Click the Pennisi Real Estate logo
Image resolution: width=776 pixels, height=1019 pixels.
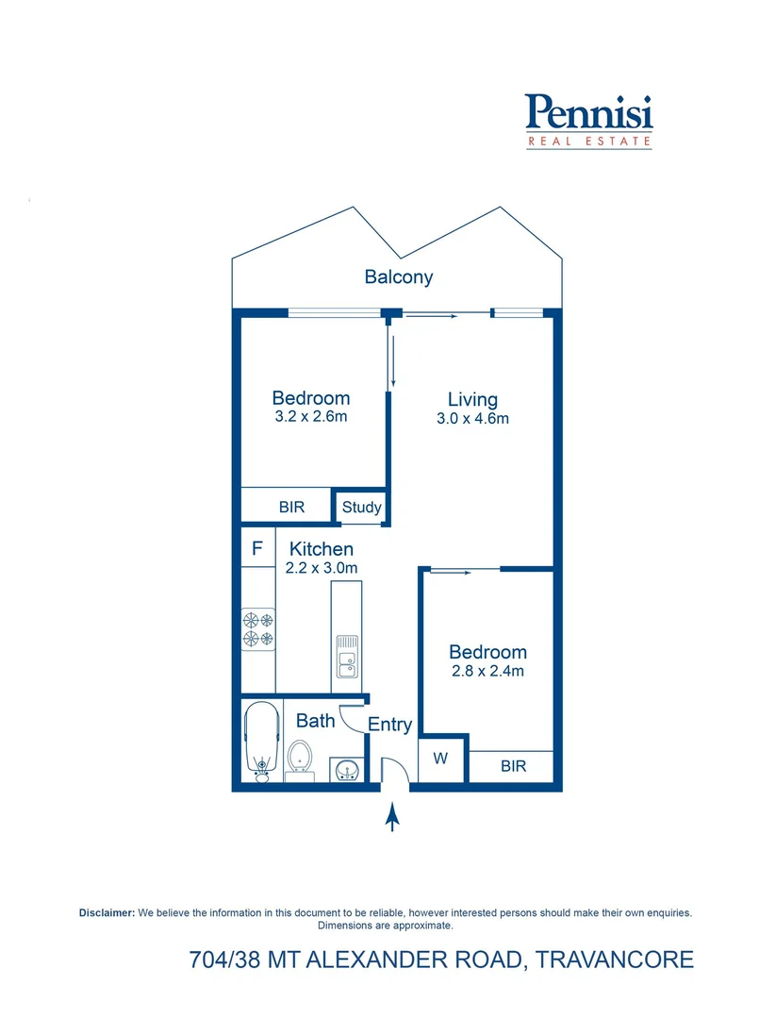pyautogui.click(x=588, y=120)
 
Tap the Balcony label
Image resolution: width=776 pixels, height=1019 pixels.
pyautogui.click(x=399, y=276)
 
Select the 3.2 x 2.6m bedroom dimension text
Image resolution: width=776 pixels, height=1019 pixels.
pyautogui.click(x=311, y=416)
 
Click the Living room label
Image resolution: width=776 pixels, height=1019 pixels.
pyautogui.click(x=472, y=399)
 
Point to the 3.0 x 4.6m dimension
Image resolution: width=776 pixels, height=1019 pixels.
pyautogui.click(x=472, y=418)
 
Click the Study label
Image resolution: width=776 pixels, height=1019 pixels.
pyautogui.click(x=361, y=507)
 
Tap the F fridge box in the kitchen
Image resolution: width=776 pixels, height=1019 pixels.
pyautogui.click(x=256, y=548)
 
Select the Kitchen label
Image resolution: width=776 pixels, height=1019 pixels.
pyautogui.click(x=322, y=548)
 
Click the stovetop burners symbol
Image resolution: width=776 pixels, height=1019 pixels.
pyautogui.click(x=258, y=629)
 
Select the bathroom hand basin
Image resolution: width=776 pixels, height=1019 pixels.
pyautogui.click(x=345, y=770)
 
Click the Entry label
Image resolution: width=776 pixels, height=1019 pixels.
pyautogui.click(x=389, y=725)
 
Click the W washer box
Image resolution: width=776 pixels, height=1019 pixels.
pyautogui.click(x=441, y=759)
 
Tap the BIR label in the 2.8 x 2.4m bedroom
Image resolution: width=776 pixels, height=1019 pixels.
pyautogui.click(x=513, y=766)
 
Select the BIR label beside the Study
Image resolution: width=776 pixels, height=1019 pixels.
pyautogui.click(x=291, y=507)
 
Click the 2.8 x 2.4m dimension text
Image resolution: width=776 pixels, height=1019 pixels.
pyautogui.click(x=487, y=671)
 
